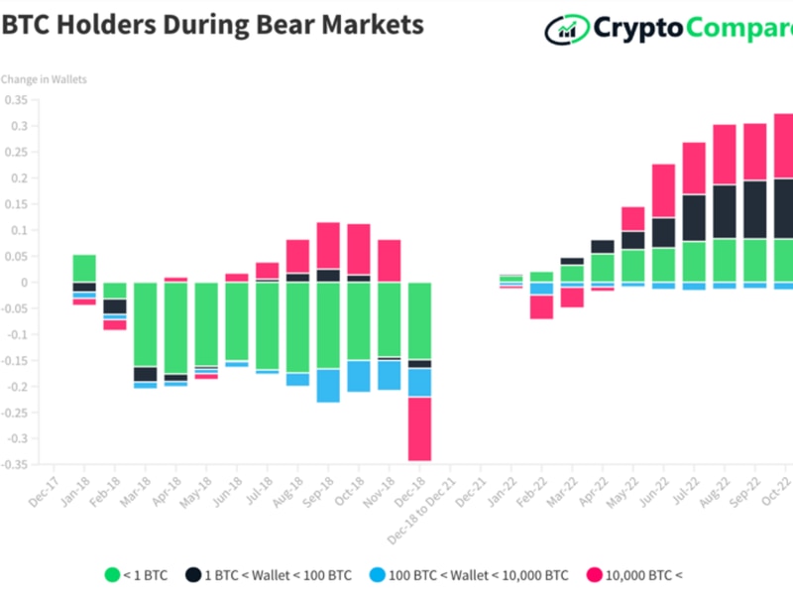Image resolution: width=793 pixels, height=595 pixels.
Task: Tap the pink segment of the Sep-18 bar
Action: click(328, 245)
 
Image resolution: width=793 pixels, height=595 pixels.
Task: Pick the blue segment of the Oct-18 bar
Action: click(359, 376)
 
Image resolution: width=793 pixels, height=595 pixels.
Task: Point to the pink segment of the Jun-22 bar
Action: click(663, 190)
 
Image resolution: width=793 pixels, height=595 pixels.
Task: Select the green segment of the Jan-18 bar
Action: click(84, 268)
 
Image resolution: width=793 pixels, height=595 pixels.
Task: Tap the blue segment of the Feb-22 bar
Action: click(541, 289)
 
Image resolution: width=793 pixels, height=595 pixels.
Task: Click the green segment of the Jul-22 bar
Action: click(694, 262)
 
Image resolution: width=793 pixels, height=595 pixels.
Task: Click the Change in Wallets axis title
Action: click(44, 79)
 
